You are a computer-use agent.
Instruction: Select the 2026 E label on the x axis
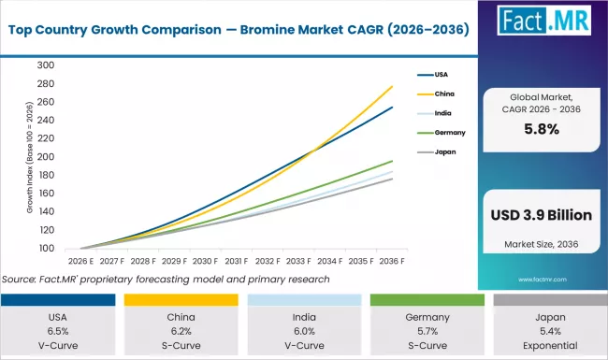pos(81,263)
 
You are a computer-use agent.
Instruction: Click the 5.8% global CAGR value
pos(541,131)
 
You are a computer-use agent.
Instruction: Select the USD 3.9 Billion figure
pos(541,215)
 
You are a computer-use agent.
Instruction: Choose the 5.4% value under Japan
pos(546,330)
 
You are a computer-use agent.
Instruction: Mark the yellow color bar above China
pos(181,300)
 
